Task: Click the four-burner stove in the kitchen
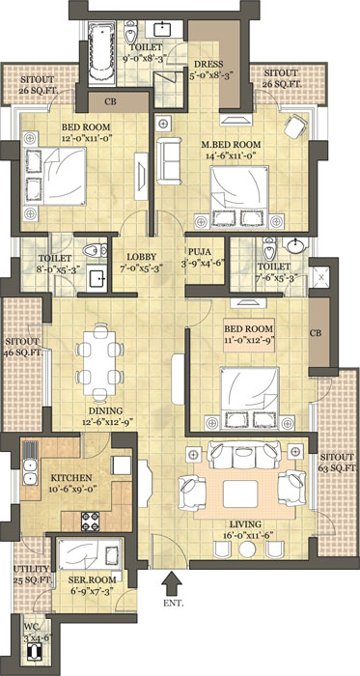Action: coord(91,521)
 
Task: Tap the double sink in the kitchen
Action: coord(29,471)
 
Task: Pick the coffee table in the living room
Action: coord(240,494)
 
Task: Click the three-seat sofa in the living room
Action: coord(244,455)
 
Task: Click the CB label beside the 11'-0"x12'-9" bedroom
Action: coord(317,333)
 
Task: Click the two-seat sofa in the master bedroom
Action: coord(169,161)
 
